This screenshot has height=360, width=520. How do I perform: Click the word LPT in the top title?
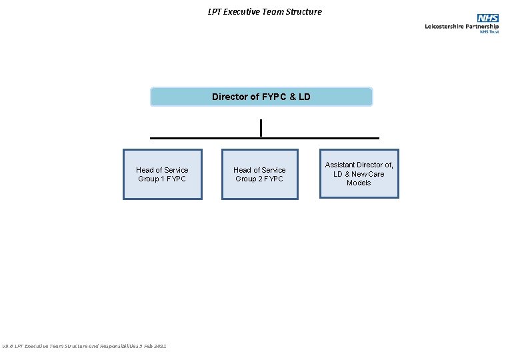(x=215, y=11)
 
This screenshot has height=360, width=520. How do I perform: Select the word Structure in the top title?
(x=303, y=11)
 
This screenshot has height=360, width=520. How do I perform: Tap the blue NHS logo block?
(x=487, y=18)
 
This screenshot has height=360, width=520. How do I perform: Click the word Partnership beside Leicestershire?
(x=481, y=27)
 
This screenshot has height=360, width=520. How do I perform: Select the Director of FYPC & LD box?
(x=261, y=97)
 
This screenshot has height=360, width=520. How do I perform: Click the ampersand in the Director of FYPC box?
(x=291, y=97)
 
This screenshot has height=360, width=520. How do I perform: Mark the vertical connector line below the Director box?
(x=261, y=127)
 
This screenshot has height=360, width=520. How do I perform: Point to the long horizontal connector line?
(x=200, y=138)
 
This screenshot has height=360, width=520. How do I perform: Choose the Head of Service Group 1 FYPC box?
(x=162, y=174)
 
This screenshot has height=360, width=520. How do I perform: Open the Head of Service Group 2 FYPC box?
(x=259, y=174)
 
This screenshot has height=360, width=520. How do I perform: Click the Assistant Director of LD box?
(x=359, y=173)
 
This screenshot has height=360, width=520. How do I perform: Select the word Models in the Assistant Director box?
(x=359, y=183)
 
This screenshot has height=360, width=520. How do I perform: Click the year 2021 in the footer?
(x=159, y=346)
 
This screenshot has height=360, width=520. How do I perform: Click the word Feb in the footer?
(x=147, y=346)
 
